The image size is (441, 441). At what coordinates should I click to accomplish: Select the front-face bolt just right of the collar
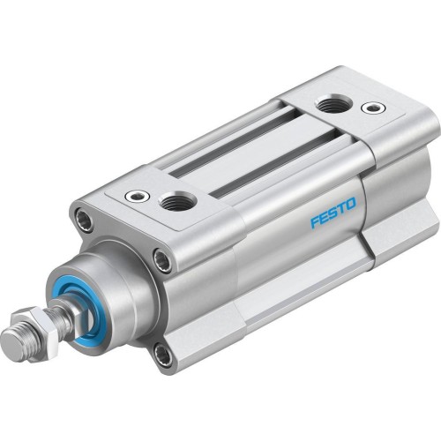[161, 258]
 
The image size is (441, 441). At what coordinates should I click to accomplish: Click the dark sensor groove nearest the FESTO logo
[251, 172]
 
